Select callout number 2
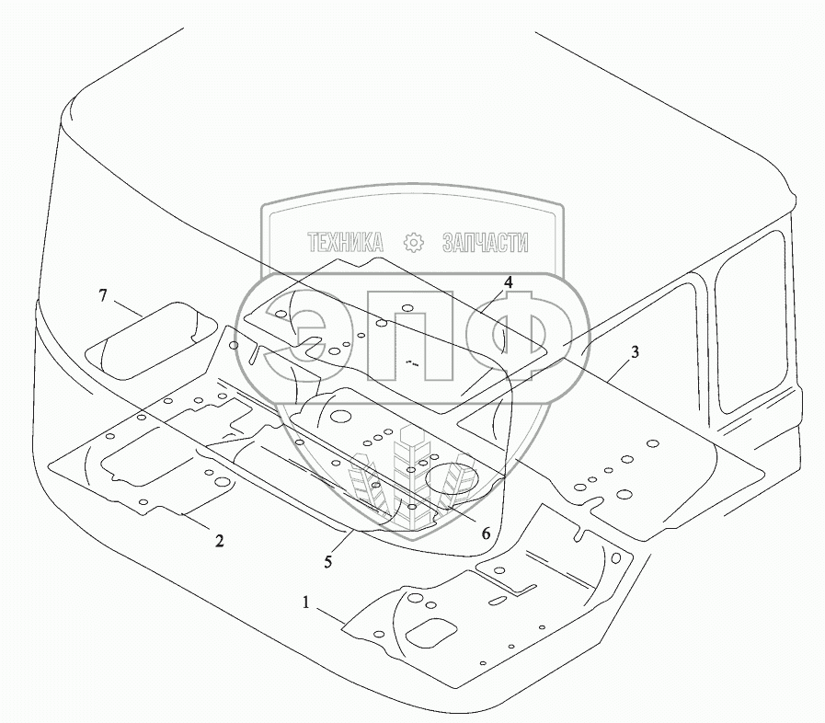pyautogui.click(x=219, y=541)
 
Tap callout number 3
pyautogui.click(x=634, y=350)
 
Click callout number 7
pyautogui.click(x=104, y=295)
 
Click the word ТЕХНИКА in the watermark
pyautogui.click(x=345, y=243)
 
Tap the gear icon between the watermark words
pyautogui.click(x=413, y=243)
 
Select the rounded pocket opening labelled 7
pyautogui.click(x=147, y=340)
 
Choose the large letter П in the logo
pyautogui.click(x=411, y=342)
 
